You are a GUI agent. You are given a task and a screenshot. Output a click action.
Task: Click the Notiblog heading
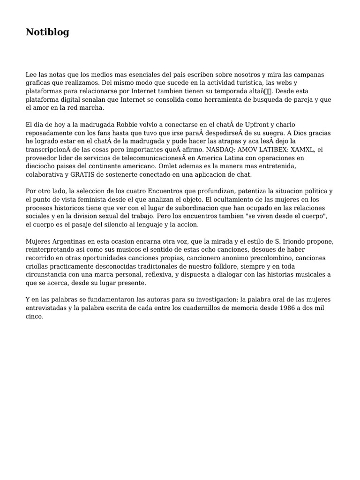(47, 32)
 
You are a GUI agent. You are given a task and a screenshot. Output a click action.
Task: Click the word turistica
(245, 83)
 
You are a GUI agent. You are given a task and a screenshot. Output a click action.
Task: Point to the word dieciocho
(41, 166)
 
